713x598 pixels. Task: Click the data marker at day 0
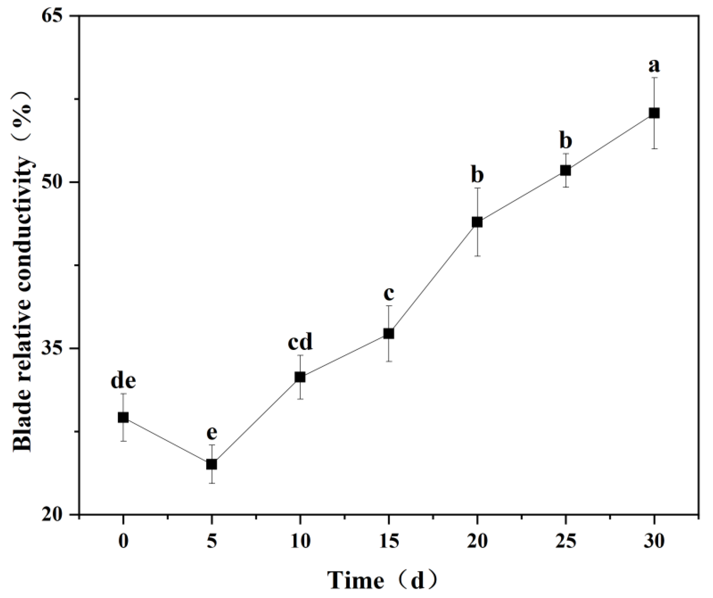click(123, 417)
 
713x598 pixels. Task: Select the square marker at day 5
click(212, 464)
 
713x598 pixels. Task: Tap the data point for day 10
click(300, 377)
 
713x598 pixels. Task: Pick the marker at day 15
click(389, 333)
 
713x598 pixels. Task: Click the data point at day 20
click(477, 222)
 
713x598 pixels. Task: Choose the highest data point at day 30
click(654, 113)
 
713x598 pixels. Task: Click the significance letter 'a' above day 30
click(654, 66)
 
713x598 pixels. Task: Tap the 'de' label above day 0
click(123, 381)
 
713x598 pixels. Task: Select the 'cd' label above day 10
click(300, 343)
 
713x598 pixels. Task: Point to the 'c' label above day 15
click(389, 294)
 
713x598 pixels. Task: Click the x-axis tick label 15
click(389, 541)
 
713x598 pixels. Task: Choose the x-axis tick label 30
click(654, 541)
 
